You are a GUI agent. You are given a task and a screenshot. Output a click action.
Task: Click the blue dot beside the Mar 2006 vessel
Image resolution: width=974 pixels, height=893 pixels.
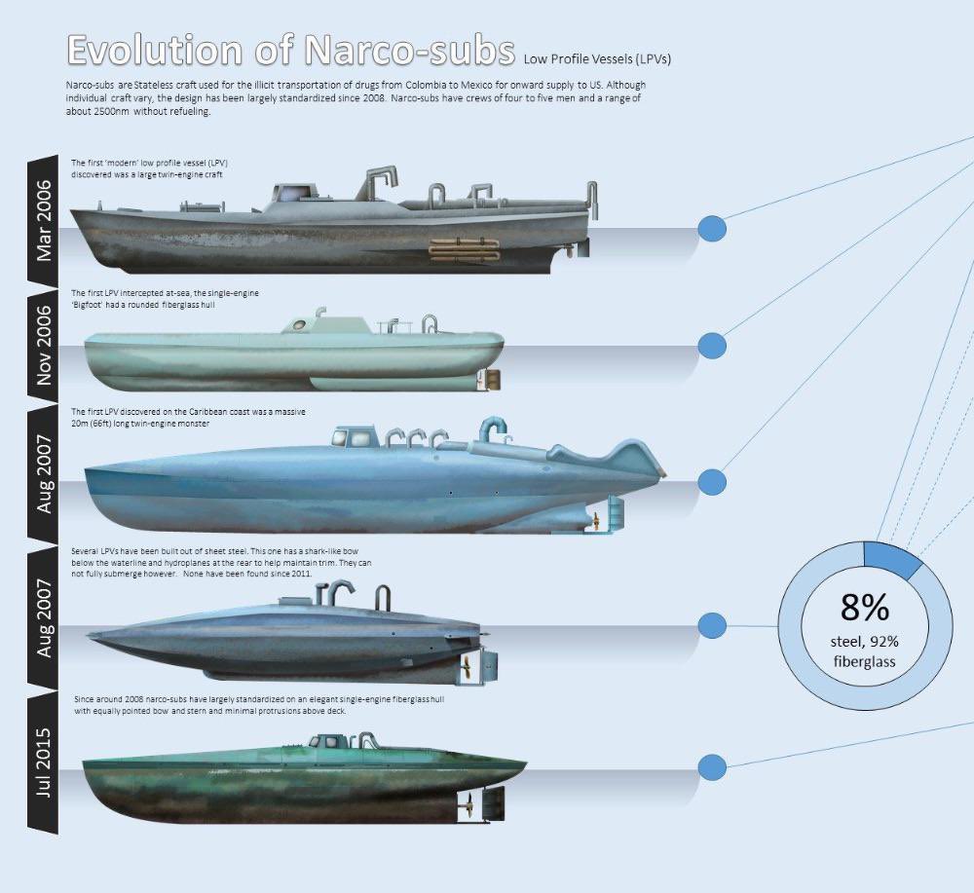pos(713,229)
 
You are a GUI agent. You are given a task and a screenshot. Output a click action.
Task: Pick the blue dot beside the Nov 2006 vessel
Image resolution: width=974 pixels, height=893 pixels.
pos(713,346)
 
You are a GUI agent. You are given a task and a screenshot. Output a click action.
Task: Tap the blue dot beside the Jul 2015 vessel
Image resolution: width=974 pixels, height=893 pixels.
pos(713,767)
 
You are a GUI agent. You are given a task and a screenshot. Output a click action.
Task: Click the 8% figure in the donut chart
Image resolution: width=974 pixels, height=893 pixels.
pos(865,607)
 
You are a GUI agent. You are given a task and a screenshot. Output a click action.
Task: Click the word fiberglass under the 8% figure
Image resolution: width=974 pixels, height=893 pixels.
pos(865,662)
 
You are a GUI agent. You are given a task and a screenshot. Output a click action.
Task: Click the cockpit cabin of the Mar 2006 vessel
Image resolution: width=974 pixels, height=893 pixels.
pos(289,196)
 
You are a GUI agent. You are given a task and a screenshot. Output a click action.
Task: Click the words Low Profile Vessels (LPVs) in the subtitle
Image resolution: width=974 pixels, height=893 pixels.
pos(597,58)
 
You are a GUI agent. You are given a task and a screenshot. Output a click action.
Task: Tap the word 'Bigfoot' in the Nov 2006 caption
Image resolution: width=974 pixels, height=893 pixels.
pos(93,305)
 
